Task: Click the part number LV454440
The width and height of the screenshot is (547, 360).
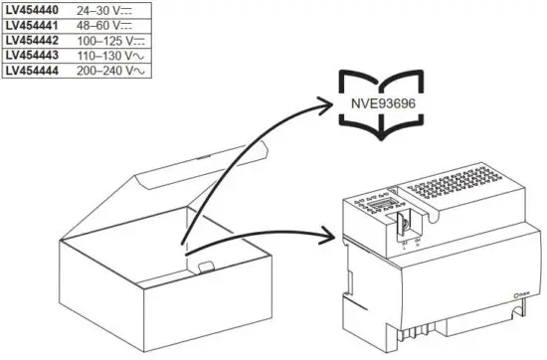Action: pos(31,9)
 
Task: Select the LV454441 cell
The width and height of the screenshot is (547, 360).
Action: pos(31,25)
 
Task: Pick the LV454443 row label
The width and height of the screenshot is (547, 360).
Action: pos(31,56)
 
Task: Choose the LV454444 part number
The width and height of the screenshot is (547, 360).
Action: pos(31,72)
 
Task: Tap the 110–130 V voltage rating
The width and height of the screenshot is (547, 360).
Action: pos(97,56)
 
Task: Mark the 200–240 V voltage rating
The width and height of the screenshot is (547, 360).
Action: pos(97,72)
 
